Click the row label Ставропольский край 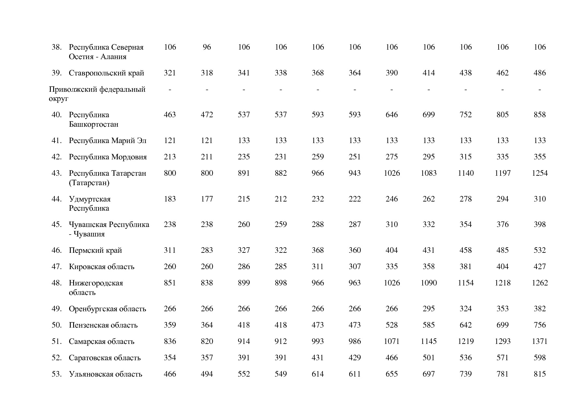106,73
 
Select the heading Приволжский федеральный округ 97,94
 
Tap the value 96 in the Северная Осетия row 207,47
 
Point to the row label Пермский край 95,250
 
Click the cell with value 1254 539,173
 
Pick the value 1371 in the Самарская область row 539,341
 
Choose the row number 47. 56,267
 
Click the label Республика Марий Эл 108,140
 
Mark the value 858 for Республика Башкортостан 539,115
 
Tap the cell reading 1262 539,283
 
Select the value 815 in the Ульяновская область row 539,374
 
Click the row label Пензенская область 103,325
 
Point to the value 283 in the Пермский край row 207,250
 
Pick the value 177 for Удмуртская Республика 207,199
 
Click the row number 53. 56,374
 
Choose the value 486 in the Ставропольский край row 539,73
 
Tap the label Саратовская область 105,358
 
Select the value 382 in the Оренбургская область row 539,309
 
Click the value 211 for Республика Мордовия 207,157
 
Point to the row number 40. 56,115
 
